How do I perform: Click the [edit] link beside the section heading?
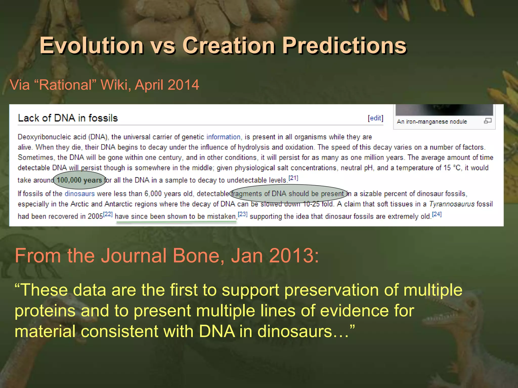(x=375, y=118)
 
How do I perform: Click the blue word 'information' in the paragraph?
(x=223, y=137)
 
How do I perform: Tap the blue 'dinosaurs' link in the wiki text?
(x=80, y=194)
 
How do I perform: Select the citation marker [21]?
(x=293, y=178)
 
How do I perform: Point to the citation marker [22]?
(x=108, y=214)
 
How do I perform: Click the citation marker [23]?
(x=243, y=214)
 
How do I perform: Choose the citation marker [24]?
(x=437, y=214)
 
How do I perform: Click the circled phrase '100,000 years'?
(x=79, y=180)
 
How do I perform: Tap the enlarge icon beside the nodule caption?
(x=488, y=121)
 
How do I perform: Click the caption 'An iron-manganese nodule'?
(x=432, y=122)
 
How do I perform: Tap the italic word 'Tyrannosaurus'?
(x=452, y=204)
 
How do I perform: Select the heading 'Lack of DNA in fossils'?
(x=68, y=118)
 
